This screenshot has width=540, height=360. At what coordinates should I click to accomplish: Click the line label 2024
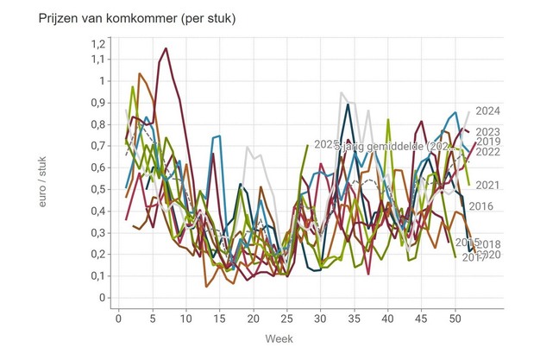pyautogui.click(x=488, y=111)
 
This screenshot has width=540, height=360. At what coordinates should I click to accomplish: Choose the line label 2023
pyautogui.click(x=488, y=132)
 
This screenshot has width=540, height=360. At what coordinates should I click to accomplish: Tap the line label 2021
pyautogui.click(x=488, y=185)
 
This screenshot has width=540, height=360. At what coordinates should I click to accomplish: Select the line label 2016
pyautogui.click(x=480, y=205)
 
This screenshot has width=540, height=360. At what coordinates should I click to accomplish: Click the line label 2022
pyautogui.click(x=488, y=152)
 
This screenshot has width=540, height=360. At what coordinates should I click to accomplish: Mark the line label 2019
pyautogui.click(x=488, y=142)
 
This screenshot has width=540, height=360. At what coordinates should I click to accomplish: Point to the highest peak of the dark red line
pyautogui.click(x=166, y=48)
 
